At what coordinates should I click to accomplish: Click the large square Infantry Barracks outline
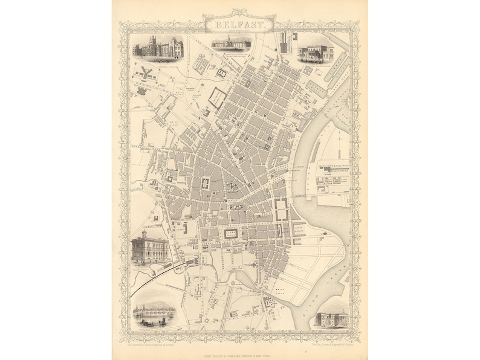(x=217, y=97)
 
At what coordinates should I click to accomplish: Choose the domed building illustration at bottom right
(x=332, y=318)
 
